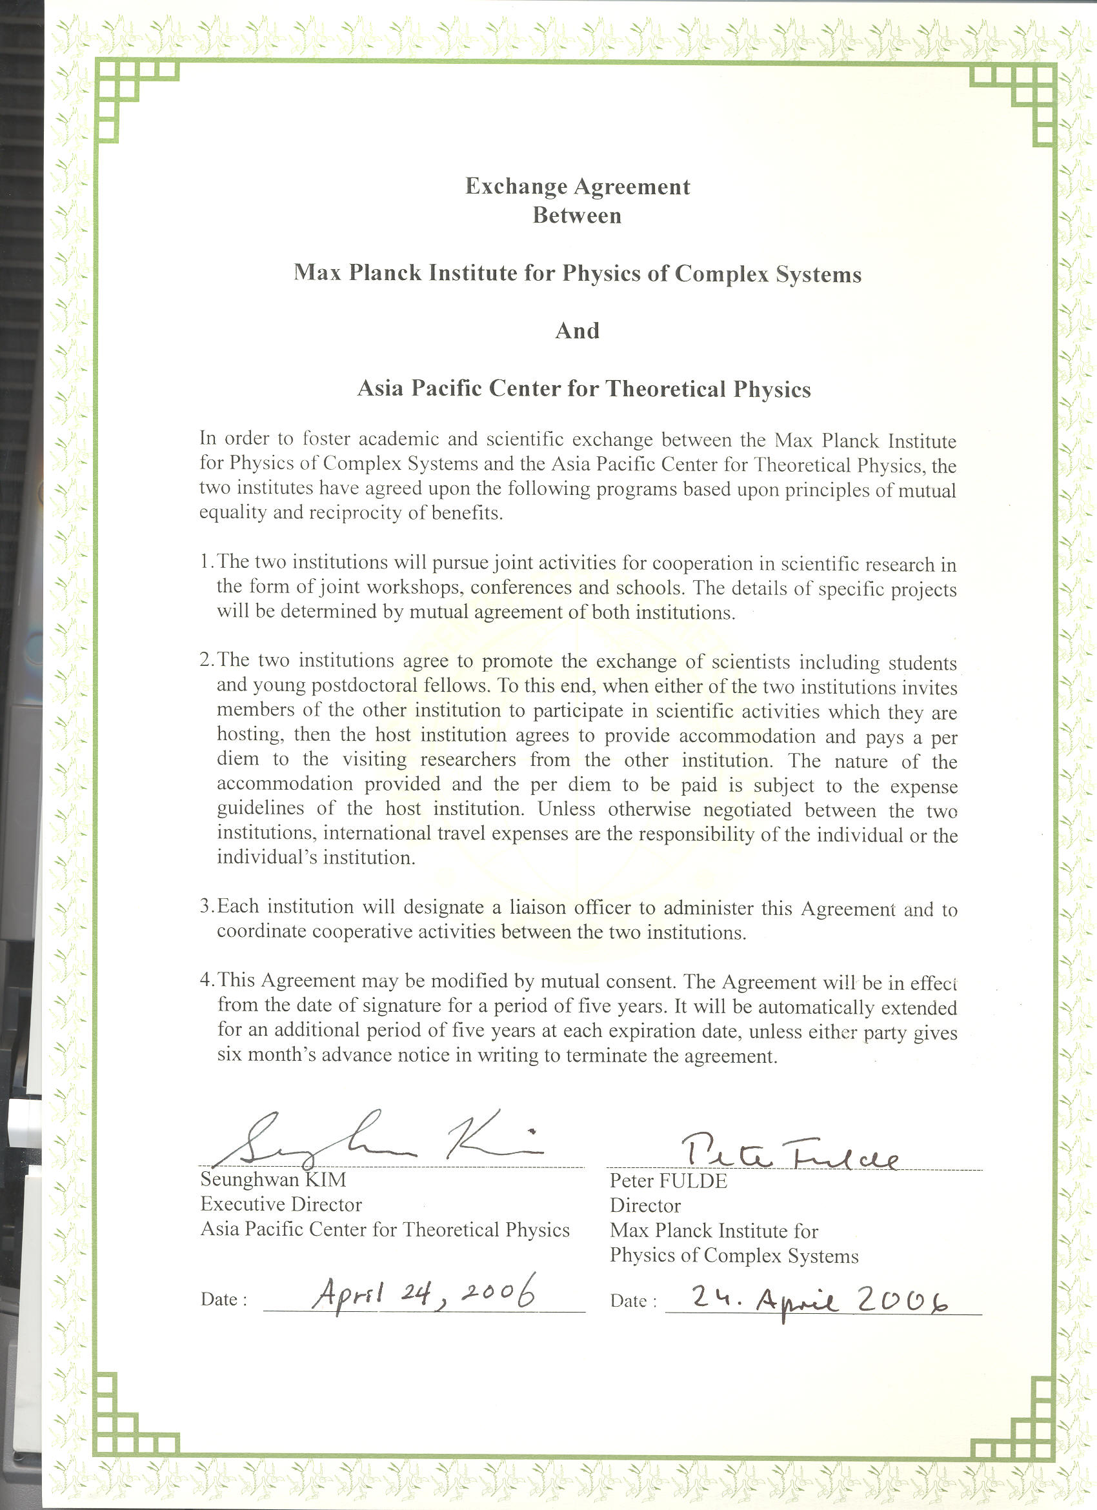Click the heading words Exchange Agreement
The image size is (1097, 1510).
(577, 186)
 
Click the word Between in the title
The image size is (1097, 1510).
(577, 216)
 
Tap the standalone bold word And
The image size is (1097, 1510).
(577, 331)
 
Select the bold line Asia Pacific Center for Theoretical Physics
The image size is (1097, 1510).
(584, 389)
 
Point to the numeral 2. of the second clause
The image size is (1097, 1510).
(206, 659)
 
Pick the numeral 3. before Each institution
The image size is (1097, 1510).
(206, 906)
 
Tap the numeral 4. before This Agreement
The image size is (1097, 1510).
(206, 980)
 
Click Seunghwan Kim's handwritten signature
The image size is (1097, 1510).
(373, 1144)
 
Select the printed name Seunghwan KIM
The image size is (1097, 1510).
(273, 1180)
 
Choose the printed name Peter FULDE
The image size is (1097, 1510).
(669, 1181)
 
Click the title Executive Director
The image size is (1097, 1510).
(281, 1204)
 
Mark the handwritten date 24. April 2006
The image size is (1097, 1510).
(819, 1299)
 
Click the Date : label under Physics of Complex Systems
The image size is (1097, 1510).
(633, 1301)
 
